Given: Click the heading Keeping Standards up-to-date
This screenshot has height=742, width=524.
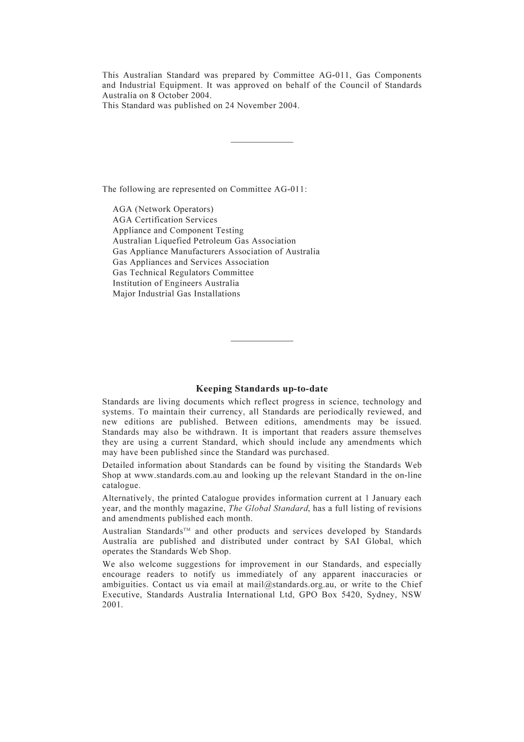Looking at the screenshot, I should point(261,389).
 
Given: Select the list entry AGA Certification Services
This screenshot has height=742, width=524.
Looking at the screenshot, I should point(165,220).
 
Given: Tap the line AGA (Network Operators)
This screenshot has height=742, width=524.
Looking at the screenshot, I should point(163,209).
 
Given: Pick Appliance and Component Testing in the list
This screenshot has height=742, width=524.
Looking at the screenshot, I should point(178,231).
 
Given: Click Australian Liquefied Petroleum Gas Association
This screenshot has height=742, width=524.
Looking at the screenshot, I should point(204,241).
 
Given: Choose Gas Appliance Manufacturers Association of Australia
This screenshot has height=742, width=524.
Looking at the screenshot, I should point(216,252).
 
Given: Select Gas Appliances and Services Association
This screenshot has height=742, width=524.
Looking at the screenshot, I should point(191,262).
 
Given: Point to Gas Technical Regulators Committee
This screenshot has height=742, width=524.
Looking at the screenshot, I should point(183,273).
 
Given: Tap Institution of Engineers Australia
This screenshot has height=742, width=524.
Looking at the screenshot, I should point(176,283).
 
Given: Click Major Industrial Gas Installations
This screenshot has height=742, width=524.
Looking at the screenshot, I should point(177,293).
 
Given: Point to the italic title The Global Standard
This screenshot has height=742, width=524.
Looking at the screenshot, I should point(268,509).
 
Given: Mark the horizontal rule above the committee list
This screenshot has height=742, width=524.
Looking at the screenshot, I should point(261,143).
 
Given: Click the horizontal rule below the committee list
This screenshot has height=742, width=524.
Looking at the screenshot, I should point(261,341).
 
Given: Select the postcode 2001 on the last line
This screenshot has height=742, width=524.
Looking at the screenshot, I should point(112,605).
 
